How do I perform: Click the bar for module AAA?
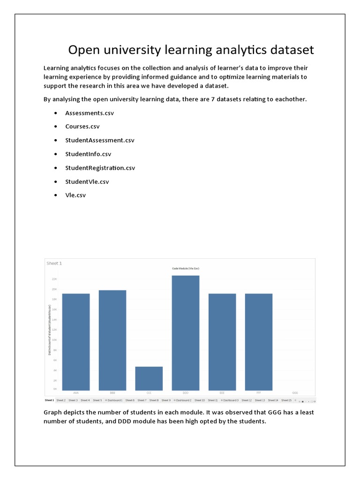click(76, 342)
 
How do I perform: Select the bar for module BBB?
click(112, 340)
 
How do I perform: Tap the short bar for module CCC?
click(149, 378)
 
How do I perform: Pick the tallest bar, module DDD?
click(186, 333)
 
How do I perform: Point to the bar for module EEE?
click(222, 342)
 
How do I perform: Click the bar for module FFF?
click(259, 342)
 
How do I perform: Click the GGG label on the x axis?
click(295, 392)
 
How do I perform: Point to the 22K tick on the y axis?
click(54, 279)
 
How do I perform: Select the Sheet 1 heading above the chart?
click(54, 263)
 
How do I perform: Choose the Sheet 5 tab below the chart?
click(97, 400)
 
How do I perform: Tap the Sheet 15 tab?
click(286, 400)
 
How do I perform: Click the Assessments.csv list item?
click(90, 113)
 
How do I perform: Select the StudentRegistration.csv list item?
click(100, 168)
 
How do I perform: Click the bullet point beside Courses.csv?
click(56, 127)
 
